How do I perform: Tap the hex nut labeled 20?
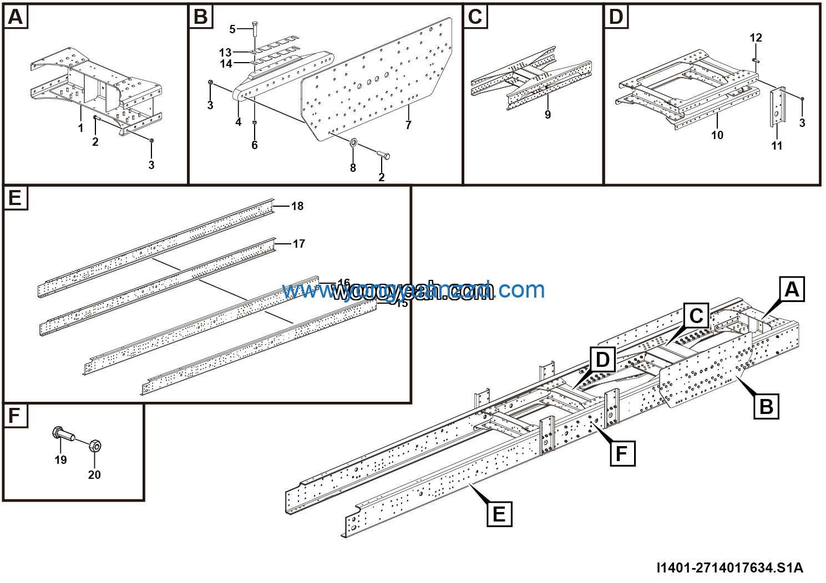click(x=95, y=445)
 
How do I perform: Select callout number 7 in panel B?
click(x=408, y=125)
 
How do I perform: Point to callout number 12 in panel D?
click(x=756, y=38)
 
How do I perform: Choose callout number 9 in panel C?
click(x=548, y=115)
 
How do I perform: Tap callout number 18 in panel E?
click(x=297, y=206)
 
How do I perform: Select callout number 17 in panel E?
click(x=298, y=244)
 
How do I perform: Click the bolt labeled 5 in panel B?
click(x=254, y=32)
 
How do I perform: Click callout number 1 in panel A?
click(x=80, y=128)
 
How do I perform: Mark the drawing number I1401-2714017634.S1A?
click(x=729, y=567)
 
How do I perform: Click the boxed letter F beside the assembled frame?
click(x=622, y=454)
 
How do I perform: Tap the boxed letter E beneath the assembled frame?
click(x=499, y=514)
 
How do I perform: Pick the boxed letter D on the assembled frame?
click(x=602, y=360)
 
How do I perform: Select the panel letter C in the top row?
click(x=475, y=17)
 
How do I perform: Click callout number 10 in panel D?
click(x=717, y=135)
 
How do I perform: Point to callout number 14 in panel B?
click(x=226, y=64)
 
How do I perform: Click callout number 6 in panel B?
click(x=255, y=145)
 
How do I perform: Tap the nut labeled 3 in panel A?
click(x=151, y=141)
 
